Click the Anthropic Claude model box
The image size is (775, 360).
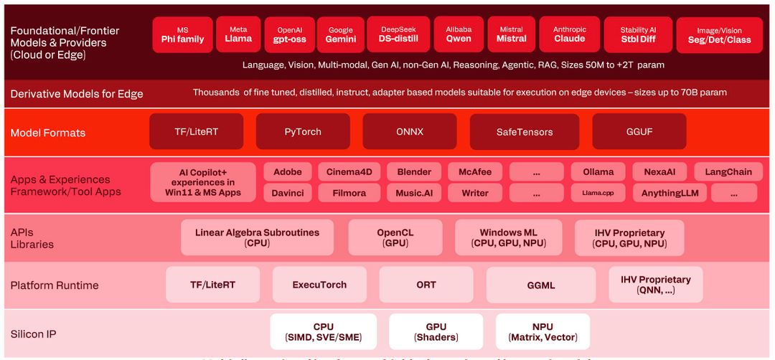click(570, 34)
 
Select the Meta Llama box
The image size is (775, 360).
click(238, 34)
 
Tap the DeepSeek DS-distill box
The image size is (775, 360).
click(398, 34)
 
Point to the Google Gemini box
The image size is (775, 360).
click(341, 35)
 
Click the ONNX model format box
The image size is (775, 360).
click(409, 132)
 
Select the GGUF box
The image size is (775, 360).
click(639, 132)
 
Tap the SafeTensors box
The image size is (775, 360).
click(525, 133)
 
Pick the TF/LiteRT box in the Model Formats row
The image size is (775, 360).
click(196, 132)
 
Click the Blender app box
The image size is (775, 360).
click(414, 172)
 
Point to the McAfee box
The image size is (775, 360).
click(475, 172)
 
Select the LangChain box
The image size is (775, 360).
click(728, 172)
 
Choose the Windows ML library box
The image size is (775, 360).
click(508, 238)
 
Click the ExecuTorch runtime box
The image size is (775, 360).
click(319, 285)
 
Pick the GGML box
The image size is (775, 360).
click(541, 285)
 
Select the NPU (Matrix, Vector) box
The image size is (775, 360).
click(542, 332)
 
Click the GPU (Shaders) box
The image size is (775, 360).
click(436, 332)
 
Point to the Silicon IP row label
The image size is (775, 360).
click(33, 334)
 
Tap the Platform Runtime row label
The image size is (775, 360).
click(55, 285)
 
